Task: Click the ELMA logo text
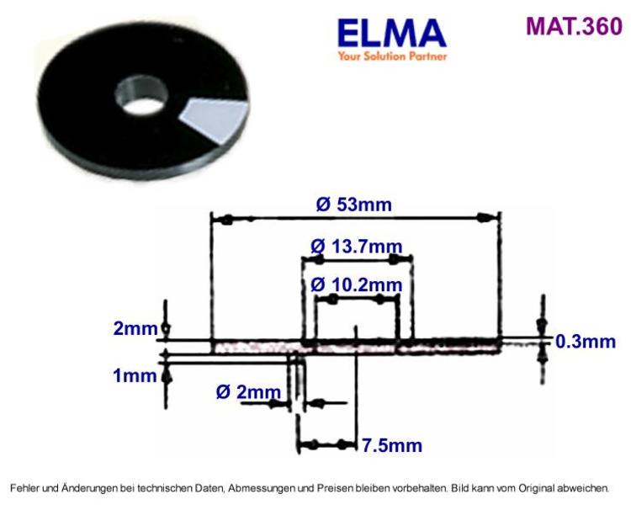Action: coord(391,34)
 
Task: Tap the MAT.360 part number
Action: coord(575,26)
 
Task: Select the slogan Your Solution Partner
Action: coord(392,56)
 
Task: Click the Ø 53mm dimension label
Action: coord(353,205)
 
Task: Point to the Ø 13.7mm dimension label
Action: coord(357,246)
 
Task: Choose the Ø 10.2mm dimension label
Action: coord(357,285)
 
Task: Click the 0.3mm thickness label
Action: coord(586,342)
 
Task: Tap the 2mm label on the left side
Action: coord(135,328)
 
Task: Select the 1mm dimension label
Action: coord(135,375)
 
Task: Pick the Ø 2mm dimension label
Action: coord(248,392)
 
